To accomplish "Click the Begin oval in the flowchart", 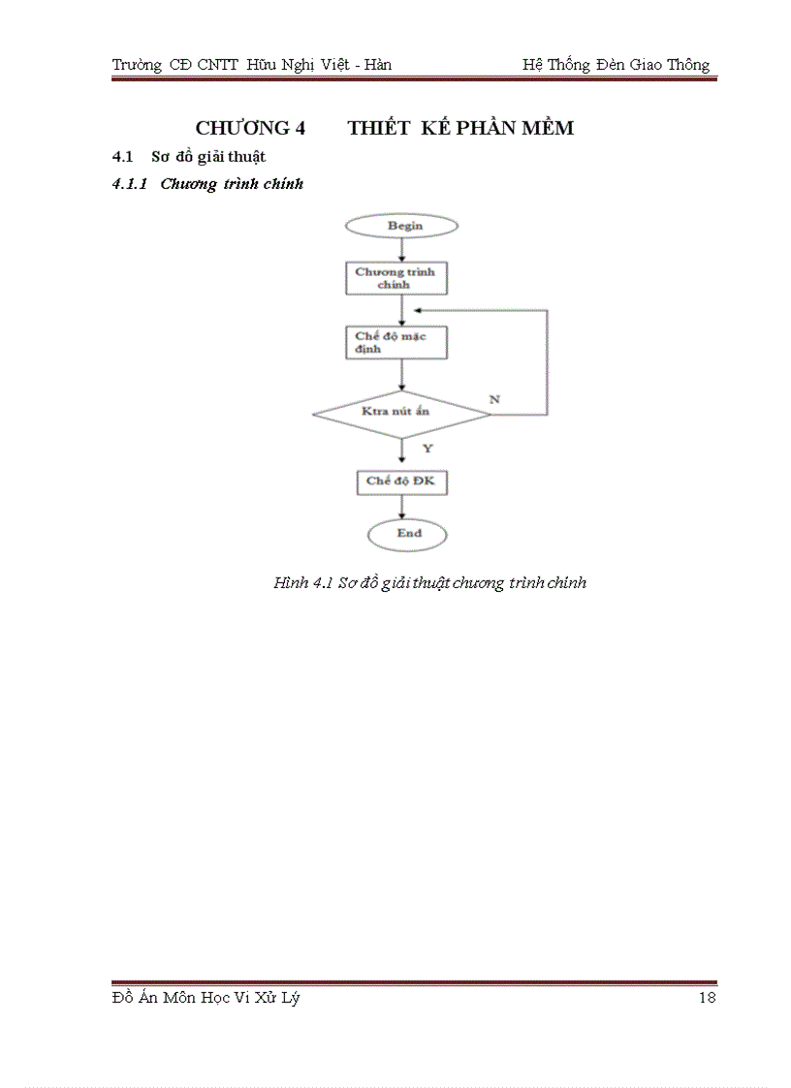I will click(x=401, y=226).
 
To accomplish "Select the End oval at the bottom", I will click(x=407, y=534).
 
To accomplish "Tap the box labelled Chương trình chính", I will click(x=396, y=278).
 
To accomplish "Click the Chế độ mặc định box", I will click(x=396, y=342).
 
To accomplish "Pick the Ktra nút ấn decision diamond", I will click(x=401, y=413).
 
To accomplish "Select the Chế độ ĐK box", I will click(x=401, y=482).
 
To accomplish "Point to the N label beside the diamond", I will click(x=494, y=399).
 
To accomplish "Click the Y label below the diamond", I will click(x=427, y=449).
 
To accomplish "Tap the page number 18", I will click(x=707, y=999).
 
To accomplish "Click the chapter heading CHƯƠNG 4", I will click(x=250, y=128).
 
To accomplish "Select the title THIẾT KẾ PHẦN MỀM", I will click(x=460, y=128).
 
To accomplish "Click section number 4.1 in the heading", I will click(x=122, y=157).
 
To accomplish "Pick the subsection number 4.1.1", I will click(x=129, y=184).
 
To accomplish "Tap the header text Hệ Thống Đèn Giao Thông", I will click(x=616, y=66).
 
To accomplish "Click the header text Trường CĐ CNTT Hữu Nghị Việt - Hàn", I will click(x=251, y=66).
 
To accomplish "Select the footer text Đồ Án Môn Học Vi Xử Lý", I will click(x=206, y=999).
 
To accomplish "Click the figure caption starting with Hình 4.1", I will click(x=430, y=583).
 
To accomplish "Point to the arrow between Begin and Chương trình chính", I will click(x=401, y=250).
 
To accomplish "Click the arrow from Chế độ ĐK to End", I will click(x=401, y=507).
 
